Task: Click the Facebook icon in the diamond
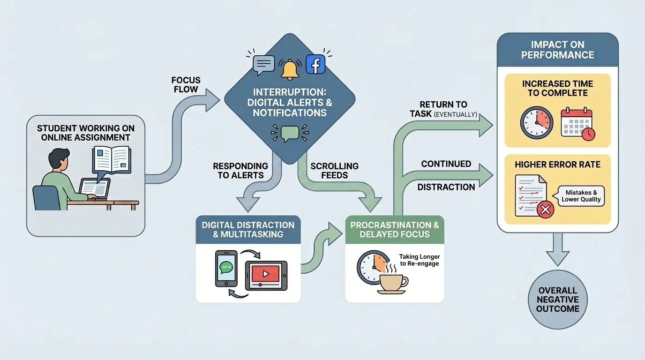pyautogui.click(x=315, y=64)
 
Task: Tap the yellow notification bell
pyautogui.click(x=290, y=69)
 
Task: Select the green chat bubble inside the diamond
pyautogui.click(x=290, y=133)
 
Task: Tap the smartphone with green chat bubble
pyautogui.click(x=226, y=268)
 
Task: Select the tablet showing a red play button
pyautogui.click(x=266, y=275)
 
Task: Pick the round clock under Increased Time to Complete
pyautogui.click(x=537, y=122)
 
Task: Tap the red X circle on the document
pyautogui.click(x=545, y=210)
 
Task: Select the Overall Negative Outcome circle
pyautogui.click(x=557, y=300)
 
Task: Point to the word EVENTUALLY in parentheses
pyautogui.click(x=456, y=114)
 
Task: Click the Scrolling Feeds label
pyautogui.click(x=335, y=171)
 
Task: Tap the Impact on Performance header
pyautogui.click(x=557, y=50)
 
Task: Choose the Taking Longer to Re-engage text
pyautogui.click(x=419, y=260)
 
